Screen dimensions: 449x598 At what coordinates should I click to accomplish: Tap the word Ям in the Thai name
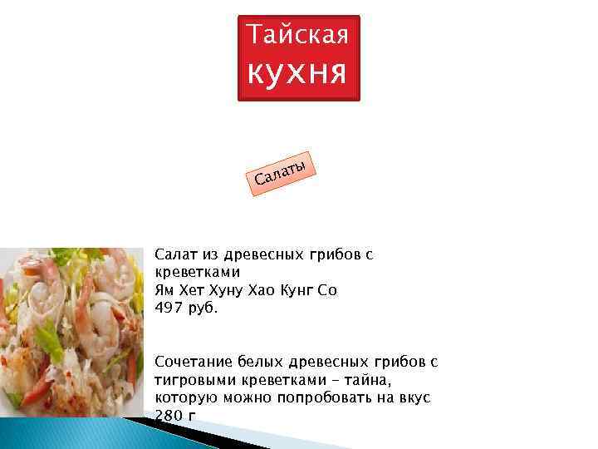point(164,290)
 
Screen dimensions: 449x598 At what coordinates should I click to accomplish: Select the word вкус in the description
point(413,398)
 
